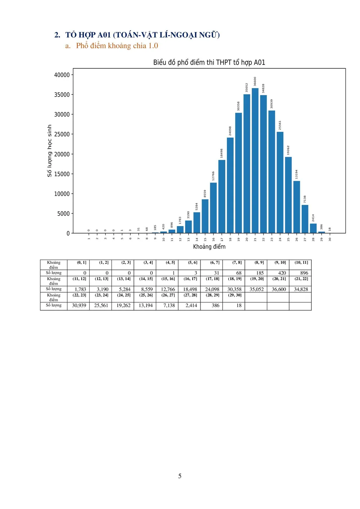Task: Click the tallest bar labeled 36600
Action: point(255,161)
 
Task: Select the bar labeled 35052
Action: point(247,163)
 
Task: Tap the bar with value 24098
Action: point(230,185)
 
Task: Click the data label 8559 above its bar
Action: point(205,194)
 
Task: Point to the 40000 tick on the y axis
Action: point(62,75)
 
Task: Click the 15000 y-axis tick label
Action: point(62,174)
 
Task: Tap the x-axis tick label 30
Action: point(330,239)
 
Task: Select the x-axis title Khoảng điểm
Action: point(209,247)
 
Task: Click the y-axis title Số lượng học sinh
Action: point(50,151)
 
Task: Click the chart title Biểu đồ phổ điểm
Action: point(209,62)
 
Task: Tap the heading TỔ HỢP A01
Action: point(142,35)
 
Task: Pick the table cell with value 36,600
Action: point(279,289)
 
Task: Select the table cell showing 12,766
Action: point(168,289)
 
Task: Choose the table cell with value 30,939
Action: point(79,306)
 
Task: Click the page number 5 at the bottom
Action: point(180,476)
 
